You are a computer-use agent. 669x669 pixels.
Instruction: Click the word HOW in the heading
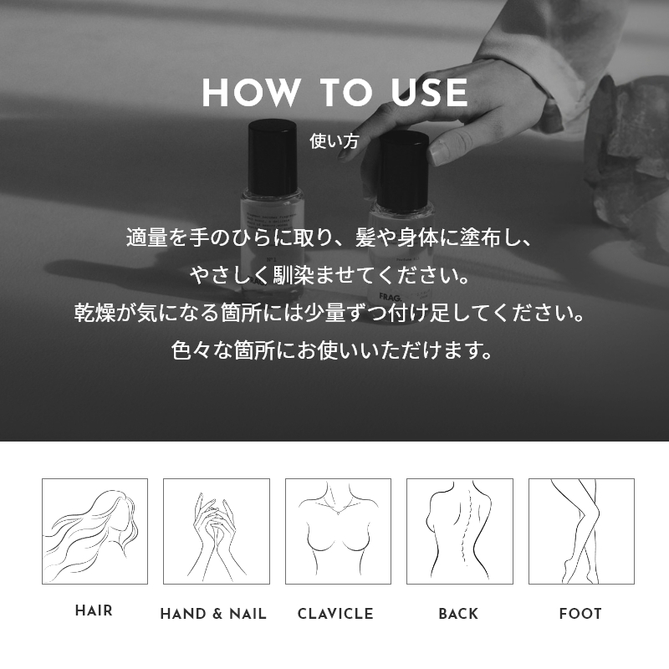tap(251, 93)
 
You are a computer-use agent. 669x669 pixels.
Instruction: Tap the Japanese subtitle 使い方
tap(334, 141)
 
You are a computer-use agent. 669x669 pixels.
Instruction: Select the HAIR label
tap(94, 611)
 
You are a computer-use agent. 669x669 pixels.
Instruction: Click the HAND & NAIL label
tap(213, 614)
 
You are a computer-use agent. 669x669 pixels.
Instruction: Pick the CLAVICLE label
tap(335, 614)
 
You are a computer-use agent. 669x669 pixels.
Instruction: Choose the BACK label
tap(458, 614)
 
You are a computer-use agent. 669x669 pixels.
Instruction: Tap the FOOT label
tap(580, 614)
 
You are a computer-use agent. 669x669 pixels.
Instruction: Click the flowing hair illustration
tap(94, 531)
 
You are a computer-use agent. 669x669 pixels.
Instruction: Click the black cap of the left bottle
tap(273, 157)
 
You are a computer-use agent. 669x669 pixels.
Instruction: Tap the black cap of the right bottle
tap(403, 171)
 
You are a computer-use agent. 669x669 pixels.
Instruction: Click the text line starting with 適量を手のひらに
tap(329, 237)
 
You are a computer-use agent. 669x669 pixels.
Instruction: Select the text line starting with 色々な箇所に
tap(332, 350)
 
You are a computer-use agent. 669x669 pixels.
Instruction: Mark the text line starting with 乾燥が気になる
tap(329, 313)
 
